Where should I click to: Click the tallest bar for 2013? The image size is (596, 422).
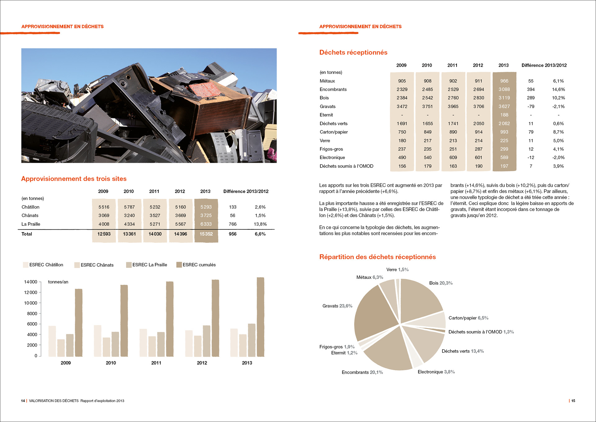pos(260,317)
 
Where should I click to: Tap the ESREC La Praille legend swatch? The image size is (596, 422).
pos(129,265)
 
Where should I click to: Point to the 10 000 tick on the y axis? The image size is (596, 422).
pos(31,303)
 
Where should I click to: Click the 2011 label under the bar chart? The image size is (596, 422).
pos(156,363)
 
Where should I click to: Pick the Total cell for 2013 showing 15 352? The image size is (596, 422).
pos(206,234)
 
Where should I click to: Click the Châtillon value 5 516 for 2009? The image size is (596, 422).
pos(104,207)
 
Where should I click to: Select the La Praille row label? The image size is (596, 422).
pos(31,224)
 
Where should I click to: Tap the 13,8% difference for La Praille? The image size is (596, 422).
pos(260,224)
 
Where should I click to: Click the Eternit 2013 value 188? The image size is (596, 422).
pos(504,115)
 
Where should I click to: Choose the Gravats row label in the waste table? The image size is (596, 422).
pos(327,106)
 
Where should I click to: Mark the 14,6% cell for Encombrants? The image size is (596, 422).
pos(558,89)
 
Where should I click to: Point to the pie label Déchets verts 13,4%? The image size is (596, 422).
pos(463,351)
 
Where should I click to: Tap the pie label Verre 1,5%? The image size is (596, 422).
pos(397,269)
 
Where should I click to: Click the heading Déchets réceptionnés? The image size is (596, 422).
pos(353,53)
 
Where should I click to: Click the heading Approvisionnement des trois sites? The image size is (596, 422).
pos(74,179)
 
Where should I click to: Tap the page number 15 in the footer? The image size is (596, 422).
pos(573,401)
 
